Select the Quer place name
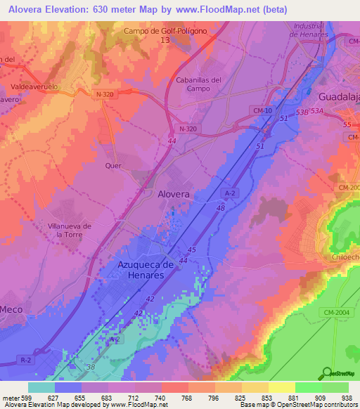coord(113,166)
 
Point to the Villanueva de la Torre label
coord(69,231)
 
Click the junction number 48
coord(220,208)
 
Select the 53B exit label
coord(303,112)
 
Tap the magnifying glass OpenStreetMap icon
coord(327,372)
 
